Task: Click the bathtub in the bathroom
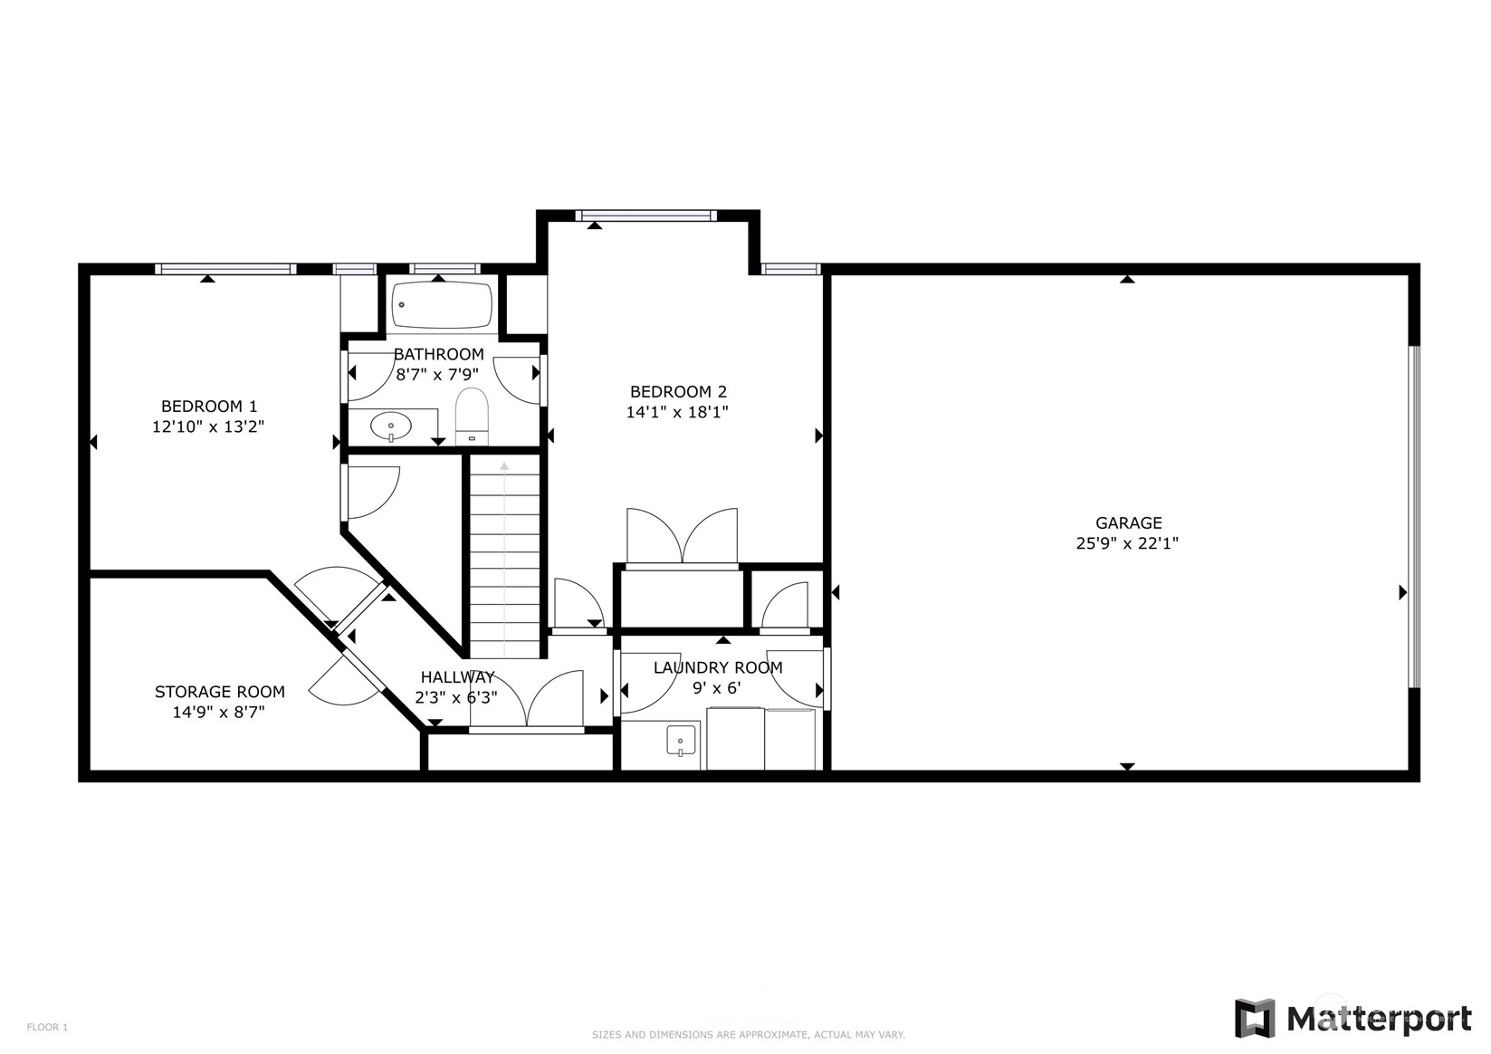[x=442, y=305]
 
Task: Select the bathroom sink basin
[x=391, y=426]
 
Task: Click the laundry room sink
[x=681, y=741]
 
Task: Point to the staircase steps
[x=504, y=557]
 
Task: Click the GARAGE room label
[x=1129, y=522]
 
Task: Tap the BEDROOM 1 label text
[x=209, y=407]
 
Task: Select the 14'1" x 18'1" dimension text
[x=677, y=412]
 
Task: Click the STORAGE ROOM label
[x=220, y=692]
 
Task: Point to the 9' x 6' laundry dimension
[x=717, y=688]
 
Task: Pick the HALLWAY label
[x=458, y=677]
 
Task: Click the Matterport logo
[x=1353, y=1019]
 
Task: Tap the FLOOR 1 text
[x=47, y=1028]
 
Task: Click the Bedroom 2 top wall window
[x=646, y=216]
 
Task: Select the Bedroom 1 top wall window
[x=225, y=269]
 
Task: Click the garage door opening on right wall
[x=1414, y=517]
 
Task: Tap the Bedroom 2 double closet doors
[x=683, y=536]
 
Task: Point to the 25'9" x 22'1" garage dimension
[x=1128, y=543]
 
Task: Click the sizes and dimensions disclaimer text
[x=749, y=1035]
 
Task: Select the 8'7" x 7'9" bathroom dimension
[x=437, y=375]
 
